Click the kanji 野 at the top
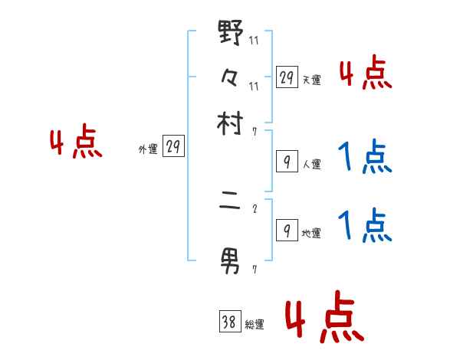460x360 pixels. click(230, 34)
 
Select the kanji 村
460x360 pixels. click(230, 124)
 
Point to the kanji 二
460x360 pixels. click(230, 207)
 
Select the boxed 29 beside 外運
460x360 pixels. click(173, 148)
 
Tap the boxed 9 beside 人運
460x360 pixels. click(287, 162)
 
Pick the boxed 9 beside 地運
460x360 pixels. click(287, 231)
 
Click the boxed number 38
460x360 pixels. click(229, 323)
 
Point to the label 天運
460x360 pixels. click(311, 80)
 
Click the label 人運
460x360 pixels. click(311, 164)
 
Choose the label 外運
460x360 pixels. click(148, 150)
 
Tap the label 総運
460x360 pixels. click(254, 325)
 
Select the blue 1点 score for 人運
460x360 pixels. click(365, 158)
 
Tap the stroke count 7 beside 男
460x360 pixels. click(255, 267)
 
